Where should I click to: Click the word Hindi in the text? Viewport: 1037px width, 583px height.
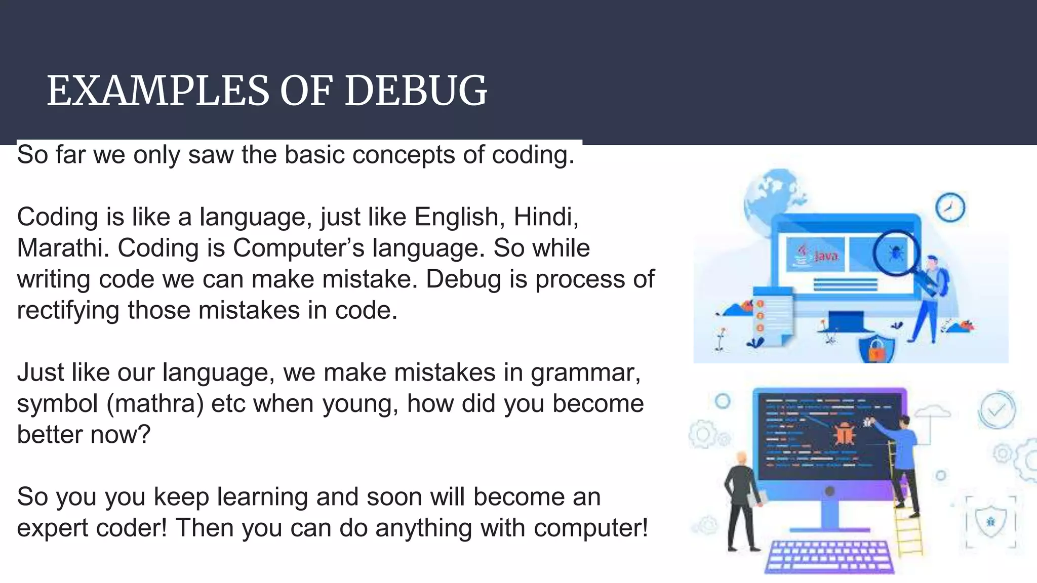click(x=545, y=217)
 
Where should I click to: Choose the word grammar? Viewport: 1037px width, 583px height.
click(x=585, y=373)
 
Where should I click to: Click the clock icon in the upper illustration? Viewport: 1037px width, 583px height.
click(x=950, y=207)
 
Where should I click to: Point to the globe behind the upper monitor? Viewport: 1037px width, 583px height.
click(x=770, y=195)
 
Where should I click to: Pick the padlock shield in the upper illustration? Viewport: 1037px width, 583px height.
click(x=876, y=348)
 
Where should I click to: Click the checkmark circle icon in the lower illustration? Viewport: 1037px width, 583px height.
click(x=995, y=410)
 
